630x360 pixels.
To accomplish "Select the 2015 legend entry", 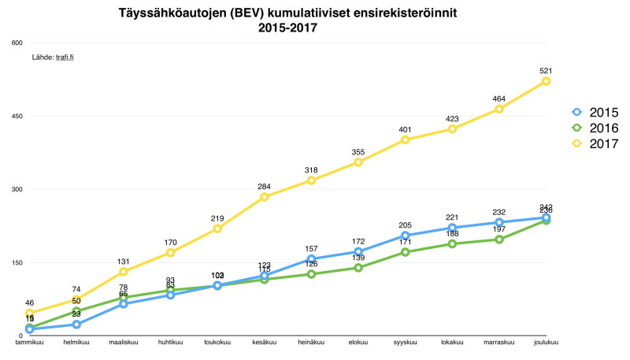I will click(595, 113).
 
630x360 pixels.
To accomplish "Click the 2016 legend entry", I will click(595, 128).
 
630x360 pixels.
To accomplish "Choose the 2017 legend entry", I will click(595, 144).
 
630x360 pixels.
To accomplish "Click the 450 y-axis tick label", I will click(17, 116).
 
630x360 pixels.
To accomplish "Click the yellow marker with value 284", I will click(264, 197).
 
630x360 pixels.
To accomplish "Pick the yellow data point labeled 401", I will click(405, 139).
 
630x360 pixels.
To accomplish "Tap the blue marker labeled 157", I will click(311, 259).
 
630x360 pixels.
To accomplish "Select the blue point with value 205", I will click(405, 236).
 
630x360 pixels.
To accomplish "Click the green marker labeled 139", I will click(358, 268).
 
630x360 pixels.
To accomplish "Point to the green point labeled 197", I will click(498, 239).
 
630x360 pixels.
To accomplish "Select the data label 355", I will click(358, 152).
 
